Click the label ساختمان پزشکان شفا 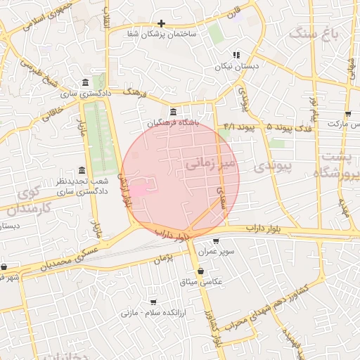coord(162,34)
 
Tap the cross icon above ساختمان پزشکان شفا coord(161,23)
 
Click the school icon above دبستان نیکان coord(237,55)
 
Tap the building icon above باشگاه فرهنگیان coord(174,112)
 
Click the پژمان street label coord(164,259)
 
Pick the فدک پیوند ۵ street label coord(290,127)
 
